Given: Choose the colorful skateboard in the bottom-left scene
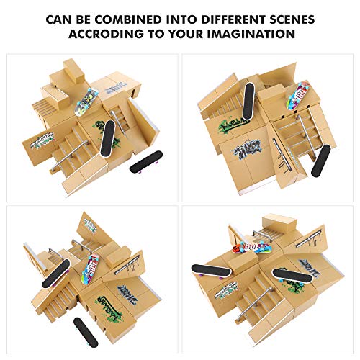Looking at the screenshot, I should pyautogui.click(x=91, y=268).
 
